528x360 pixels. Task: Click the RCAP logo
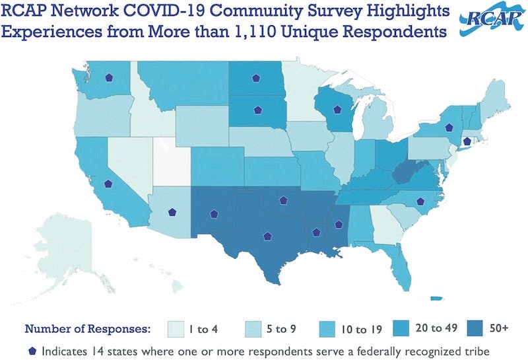pos(489,24)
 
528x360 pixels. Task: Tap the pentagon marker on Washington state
pos(108,77)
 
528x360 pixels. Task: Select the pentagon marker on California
pos(109,185)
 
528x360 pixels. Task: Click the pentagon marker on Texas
pos(267,235)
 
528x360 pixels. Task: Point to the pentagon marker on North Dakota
pos(255,78)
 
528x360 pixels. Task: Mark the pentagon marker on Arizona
pos(172,212)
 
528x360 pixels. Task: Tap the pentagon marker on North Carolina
pos(420,202)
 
